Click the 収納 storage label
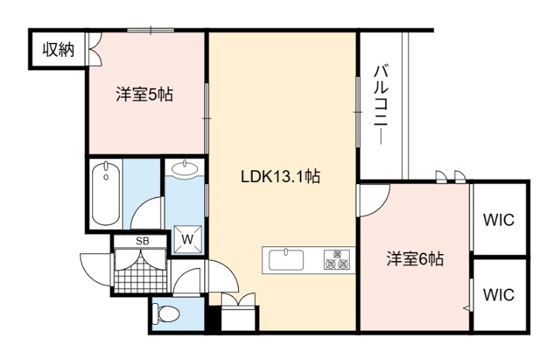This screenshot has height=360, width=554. click(59, 50)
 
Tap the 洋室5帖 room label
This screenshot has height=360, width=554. click(145, 95)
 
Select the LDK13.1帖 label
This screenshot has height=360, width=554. click(280, 177)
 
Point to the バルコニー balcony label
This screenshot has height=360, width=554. click(381, 105)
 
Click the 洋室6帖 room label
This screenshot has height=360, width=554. click(415, 259)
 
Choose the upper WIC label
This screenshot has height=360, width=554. click(499, 220)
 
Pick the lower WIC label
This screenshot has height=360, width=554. click(499, 294)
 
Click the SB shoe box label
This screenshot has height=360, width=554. click(143, 242)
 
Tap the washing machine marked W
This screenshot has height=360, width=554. click(188, 240)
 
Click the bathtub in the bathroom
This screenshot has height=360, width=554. click(106, 193)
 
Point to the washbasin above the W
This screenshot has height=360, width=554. click(185, 168)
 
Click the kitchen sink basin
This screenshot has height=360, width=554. click(286, 260)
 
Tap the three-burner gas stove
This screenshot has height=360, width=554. click(337, 260)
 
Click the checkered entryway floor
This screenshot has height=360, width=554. click(141, 271)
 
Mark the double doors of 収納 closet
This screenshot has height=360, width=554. click(94, 48)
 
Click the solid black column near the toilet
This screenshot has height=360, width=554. click(214, 318)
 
